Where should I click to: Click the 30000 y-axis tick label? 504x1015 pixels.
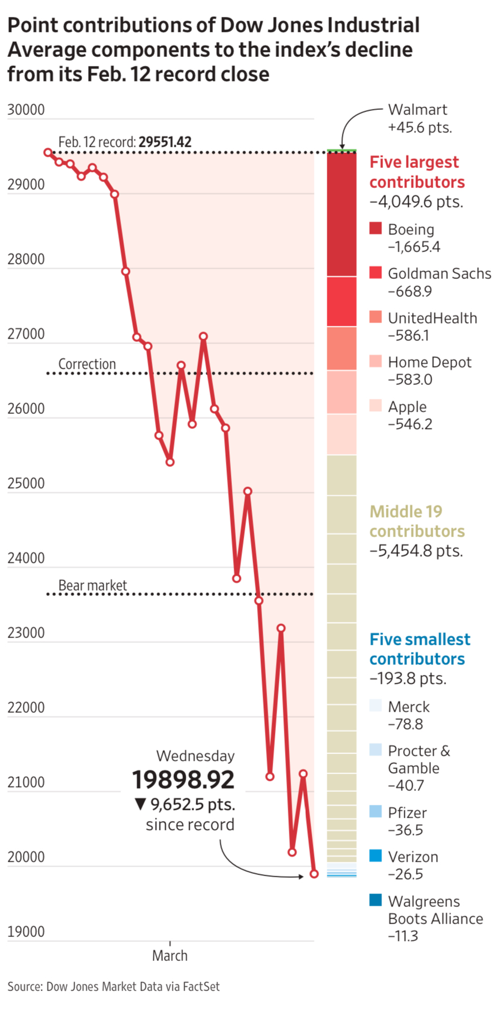[x=26, y=110]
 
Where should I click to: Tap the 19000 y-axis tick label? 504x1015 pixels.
[x=26, y=932]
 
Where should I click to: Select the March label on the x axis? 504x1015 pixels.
[x=169, y=956]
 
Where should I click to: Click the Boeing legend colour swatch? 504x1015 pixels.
[x=376, y=228]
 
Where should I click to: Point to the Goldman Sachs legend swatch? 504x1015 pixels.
[x=376, y=272]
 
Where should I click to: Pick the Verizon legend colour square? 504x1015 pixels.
[x=376, y=855]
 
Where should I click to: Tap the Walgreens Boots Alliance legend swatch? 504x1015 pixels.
[x=376, y=900]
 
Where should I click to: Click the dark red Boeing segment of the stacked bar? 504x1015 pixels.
[x=341, y=214]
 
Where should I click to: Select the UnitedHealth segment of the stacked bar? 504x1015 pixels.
[x=341, y=348]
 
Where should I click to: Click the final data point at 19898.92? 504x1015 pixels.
[x=314, y=874]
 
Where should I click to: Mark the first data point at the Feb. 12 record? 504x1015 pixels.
[x=48, y=152]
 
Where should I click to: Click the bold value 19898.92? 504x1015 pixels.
[x=183, y=780]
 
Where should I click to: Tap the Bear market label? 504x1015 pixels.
[x=93, y=586]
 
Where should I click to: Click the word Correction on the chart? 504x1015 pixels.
[x=87, y=364]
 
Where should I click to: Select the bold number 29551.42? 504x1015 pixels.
[x=165, y=142]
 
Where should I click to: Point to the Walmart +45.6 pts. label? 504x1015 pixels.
[x=420, y=118]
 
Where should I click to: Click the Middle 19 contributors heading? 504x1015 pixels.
[x=417, y=521]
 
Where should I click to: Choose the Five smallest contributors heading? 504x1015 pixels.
[x=420, y=649]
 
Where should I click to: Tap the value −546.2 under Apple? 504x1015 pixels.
[x=410, y=424]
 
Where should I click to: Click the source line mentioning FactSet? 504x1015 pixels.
[x=114, y=987]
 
